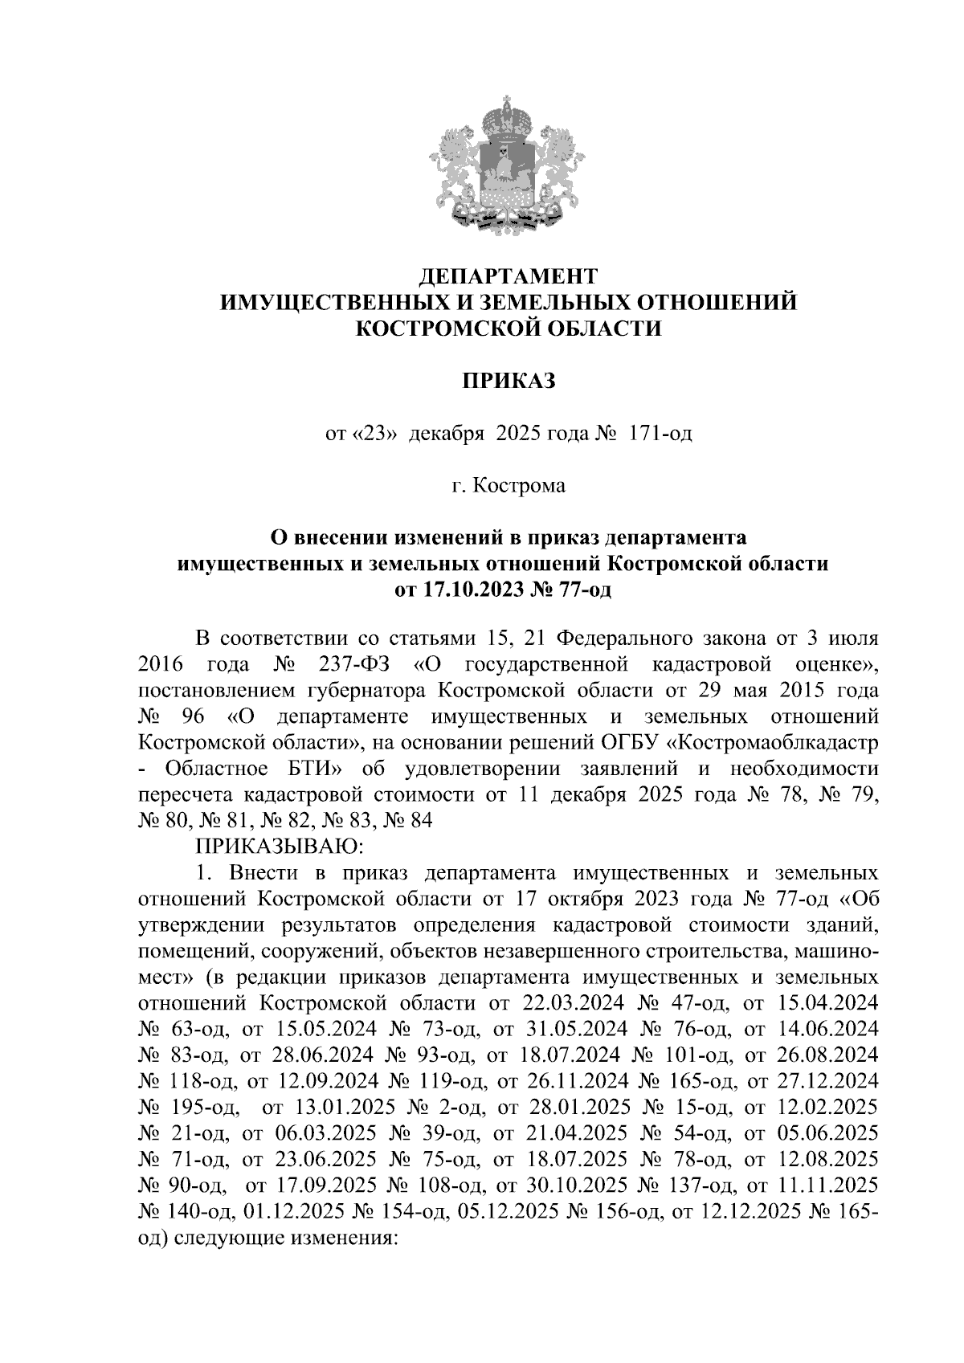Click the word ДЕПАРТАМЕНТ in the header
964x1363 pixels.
(509, 276)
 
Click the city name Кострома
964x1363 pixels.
(518, 486)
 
